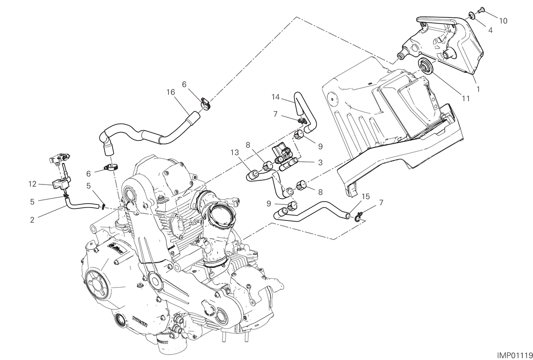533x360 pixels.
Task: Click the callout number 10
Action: click(503, 21)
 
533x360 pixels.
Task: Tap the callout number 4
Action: click(490, 30)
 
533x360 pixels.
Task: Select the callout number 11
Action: click(466, 98)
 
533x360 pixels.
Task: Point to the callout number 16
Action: click(171, 92)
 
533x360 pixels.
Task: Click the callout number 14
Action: click(275, 97)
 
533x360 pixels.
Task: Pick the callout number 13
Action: click(235, 152)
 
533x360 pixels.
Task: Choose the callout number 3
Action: click(320, 163)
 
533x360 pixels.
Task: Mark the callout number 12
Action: click(32, 184)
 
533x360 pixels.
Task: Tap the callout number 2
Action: click(32, 220)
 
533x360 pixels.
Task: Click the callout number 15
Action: click(366, 196)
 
